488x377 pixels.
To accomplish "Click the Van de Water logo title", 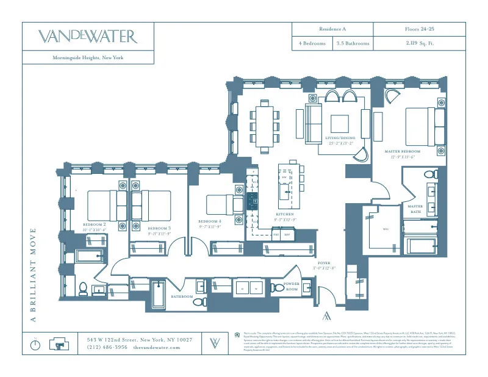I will click(x=88, y=36).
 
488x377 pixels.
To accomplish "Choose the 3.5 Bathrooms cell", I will click(x=353, y=44).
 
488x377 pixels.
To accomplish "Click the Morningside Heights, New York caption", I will click(x=88, y=58).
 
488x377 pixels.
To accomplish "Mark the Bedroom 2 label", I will click(x=95, y=227).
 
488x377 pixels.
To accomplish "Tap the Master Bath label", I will click(x=415, y=209).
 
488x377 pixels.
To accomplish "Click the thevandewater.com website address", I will click(x=156, y=347).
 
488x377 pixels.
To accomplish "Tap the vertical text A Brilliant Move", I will click(x=34, y=275).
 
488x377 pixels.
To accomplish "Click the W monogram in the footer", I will click(x=215, y=342).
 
